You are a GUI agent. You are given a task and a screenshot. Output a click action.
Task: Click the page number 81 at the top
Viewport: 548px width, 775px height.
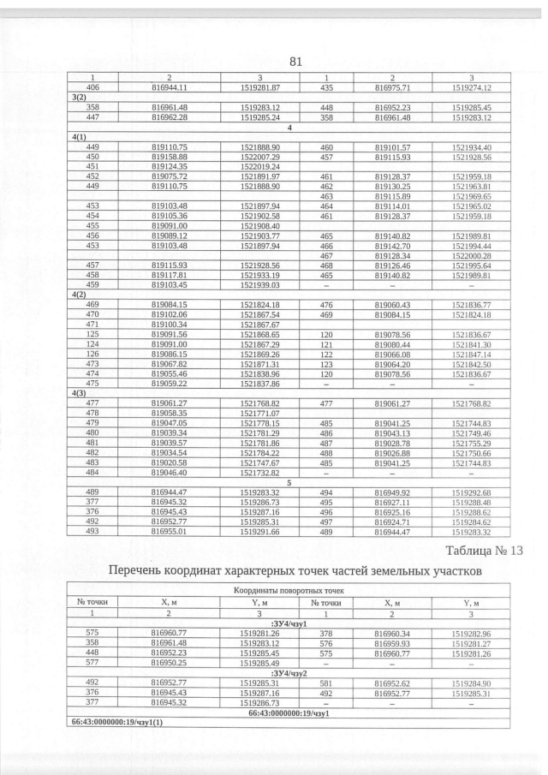pyautogui.click(x=297, y=62)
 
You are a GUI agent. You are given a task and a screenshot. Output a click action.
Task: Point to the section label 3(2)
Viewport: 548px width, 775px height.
pyautogui.click(x=78, y=98)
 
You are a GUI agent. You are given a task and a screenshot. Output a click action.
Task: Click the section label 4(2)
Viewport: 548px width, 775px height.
pyautogui.click(x=78, y=295)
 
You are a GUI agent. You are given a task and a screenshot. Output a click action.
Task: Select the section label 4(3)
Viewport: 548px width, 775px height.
pyautogui.click(x=78, y=392)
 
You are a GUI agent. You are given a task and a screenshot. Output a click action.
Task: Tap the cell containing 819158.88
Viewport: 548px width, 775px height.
pyautogui.click(x=169, y=158)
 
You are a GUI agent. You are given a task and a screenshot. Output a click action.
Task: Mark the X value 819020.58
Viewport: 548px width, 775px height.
pyautogui.click(x=169, y=462)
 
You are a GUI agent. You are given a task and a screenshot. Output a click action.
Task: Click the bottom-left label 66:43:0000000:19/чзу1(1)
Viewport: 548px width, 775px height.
pyautogui.click(x=110, y=723)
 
